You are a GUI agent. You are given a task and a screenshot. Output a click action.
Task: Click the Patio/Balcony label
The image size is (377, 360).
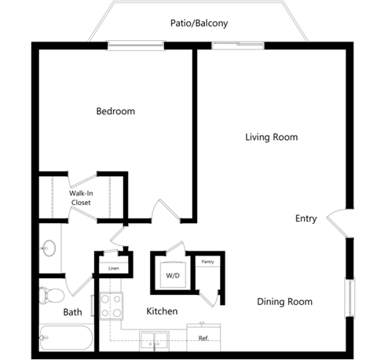[x=199, y=24]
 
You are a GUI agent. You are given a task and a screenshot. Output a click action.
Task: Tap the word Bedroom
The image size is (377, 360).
[x=115, y=112]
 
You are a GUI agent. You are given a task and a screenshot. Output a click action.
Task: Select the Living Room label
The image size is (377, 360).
[x=271, y=138]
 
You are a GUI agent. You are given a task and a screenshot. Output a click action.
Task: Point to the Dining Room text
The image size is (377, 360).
[x=285, y=302]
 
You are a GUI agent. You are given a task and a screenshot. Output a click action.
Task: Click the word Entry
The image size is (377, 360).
[x=306, y=219]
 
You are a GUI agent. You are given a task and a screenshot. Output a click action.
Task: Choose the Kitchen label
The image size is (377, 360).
[x=162, y=312]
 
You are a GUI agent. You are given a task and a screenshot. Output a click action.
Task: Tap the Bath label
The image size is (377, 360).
[x=72, y=313]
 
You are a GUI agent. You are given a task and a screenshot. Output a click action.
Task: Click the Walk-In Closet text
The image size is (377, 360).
[x=80, y=197]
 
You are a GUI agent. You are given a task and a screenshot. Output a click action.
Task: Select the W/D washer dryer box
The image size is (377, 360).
[x=172, y=276]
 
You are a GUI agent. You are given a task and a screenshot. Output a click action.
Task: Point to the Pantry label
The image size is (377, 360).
[x=207, y=262]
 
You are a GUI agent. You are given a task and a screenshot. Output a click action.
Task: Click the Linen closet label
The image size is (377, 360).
[x=113, y=269]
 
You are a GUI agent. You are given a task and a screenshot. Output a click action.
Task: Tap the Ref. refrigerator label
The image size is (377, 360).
[x=203, y=339]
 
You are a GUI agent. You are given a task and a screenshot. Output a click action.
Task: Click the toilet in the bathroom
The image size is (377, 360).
[x=53, y=296]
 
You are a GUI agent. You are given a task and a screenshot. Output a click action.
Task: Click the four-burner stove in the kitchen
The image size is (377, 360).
[x=111, y=305]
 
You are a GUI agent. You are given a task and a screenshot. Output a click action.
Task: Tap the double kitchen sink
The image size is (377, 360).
[x=154, y=340]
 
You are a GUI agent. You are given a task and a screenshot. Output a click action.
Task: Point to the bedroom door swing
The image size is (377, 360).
[x=165, y=210]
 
